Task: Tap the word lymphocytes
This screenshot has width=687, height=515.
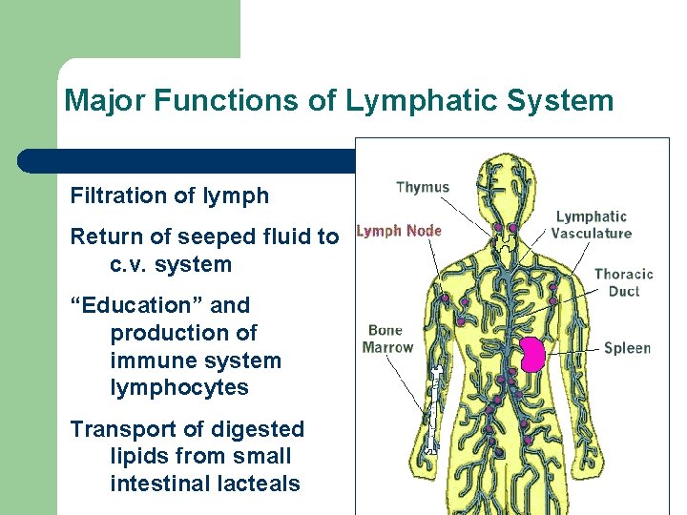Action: pos(179,388)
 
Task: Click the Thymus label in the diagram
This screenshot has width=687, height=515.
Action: pos(422,187)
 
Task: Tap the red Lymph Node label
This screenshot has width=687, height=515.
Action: pos(399,231)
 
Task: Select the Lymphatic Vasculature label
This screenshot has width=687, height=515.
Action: pos(592,225)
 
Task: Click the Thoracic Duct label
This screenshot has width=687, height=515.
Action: pos(623,282)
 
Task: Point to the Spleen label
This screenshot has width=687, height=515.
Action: pos(627,348)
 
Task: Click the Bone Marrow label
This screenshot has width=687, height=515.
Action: pos(387,339)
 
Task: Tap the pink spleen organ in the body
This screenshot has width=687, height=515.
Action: pos(531,355)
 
